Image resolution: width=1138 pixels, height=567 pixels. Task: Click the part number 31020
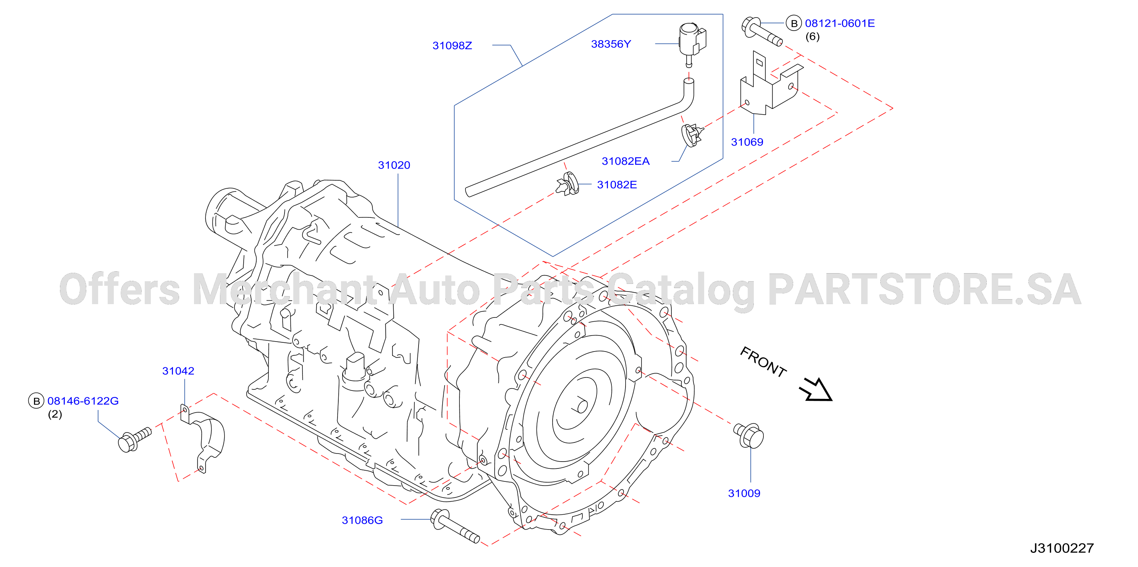(394, 165)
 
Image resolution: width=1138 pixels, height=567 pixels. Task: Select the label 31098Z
(453, 45)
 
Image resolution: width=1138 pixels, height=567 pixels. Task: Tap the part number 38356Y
(611, 44)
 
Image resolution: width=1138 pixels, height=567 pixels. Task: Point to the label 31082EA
(626, 161)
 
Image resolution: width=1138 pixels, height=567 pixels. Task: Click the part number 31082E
(617, 185)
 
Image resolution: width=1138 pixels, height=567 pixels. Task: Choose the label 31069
(747, 142)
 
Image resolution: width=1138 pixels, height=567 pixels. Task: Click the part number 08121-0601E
(840, 23)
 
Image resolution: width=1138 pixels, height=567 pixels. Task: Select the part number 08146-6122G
(83, 401)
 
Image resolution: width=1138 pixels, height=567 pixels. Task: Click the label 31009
(744, 493)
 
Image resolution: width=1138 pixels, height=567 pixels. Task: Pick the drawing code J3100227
(1062, 548)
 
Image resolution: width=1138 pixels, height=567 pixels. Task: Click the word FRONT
(763, 362)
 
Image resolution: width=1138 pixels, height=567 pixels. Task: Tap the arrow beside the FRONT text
(816, 390)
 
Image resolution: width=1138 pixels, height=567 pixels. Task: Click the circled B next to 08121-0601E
(794, 23)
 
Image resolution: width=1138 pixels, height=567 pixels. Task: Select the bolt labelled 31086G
(454, 525)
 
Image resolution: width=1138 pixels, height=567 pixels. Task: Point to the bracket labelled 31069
(771, 84)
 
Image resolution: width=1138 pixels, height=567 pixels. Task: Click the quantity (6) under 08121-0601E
(812, 37)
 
